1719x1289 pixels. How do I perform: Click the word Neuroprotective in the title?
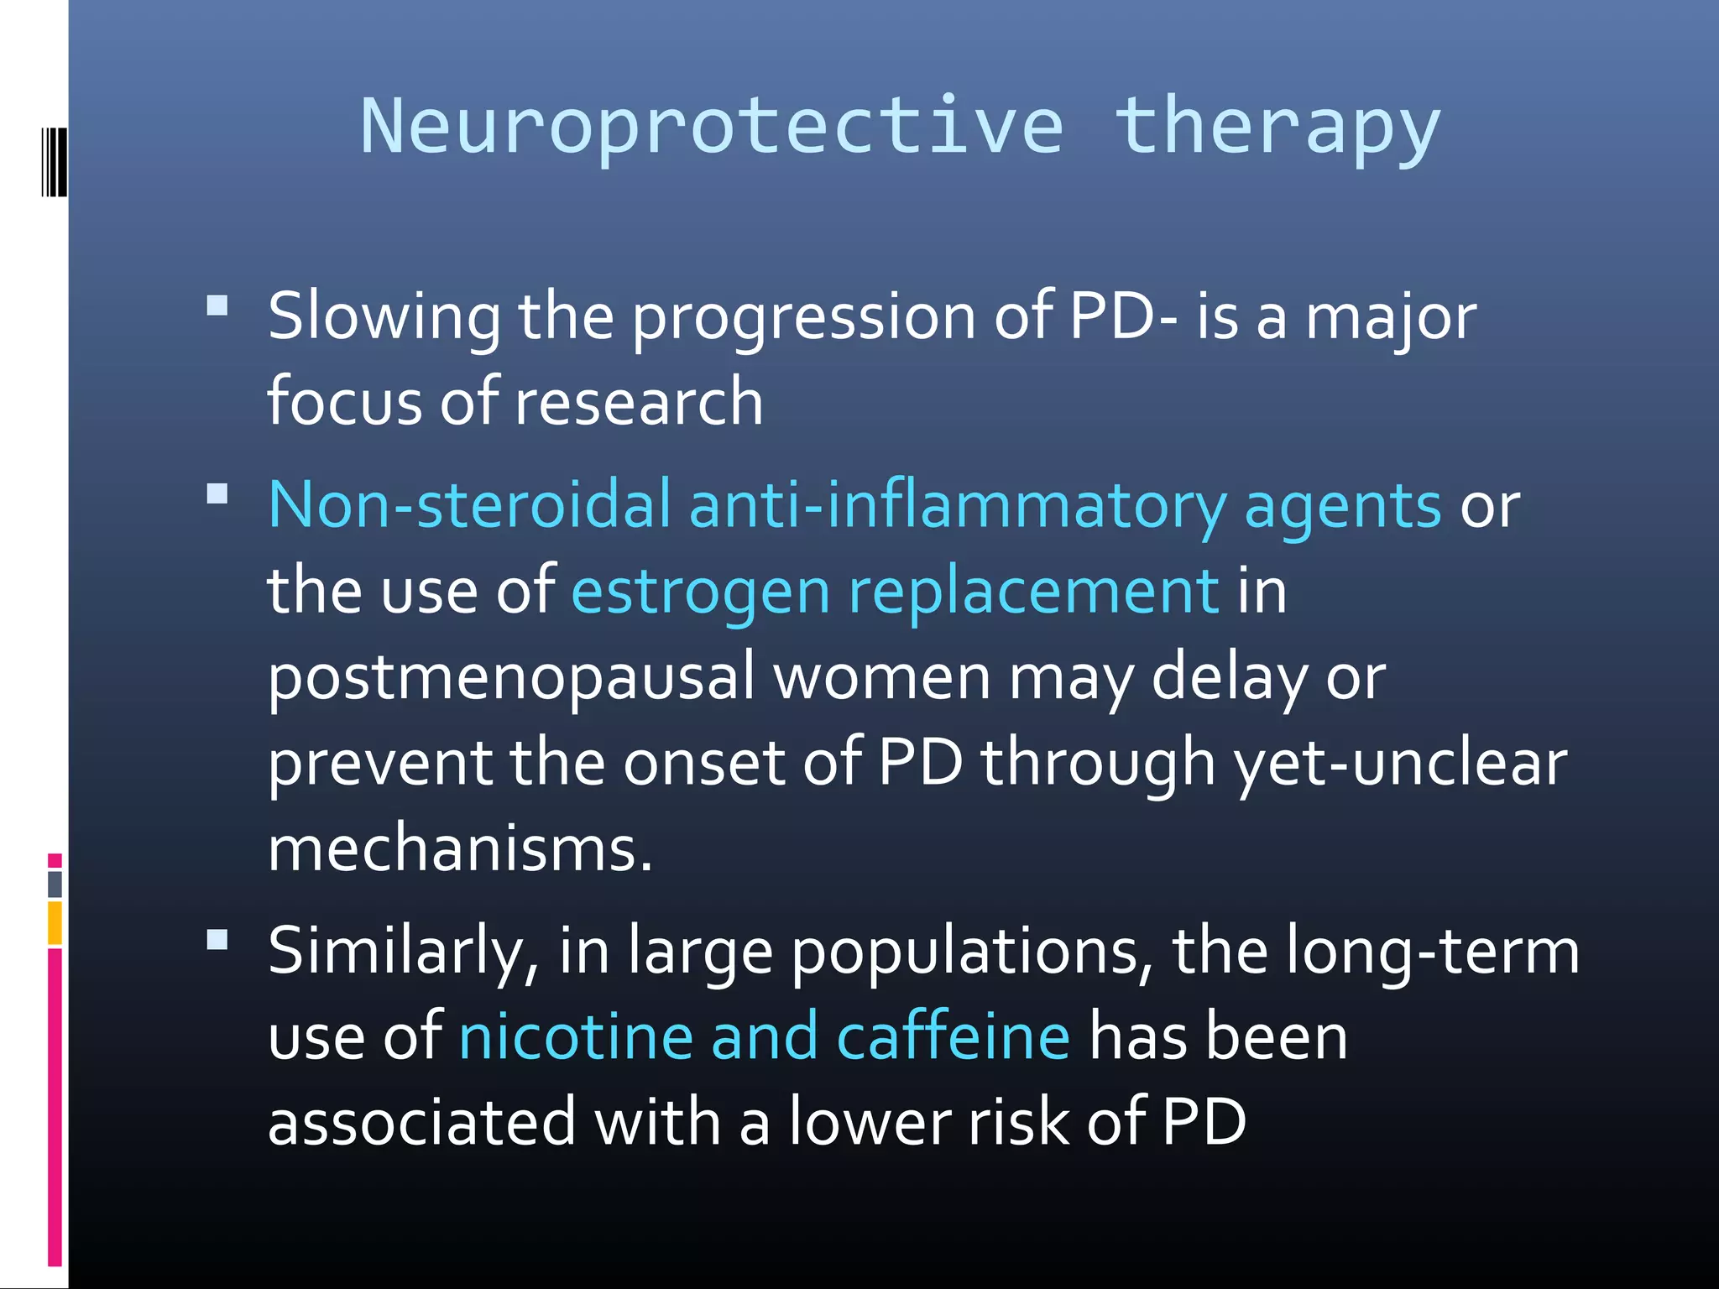[x=712, y=128]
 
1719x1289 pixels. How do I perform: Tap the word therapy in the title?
[x=1277, y=128]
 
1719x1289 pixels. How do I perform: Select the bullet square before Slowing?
[x=217, y=305]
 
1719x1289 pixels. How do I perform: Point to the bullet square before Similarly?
[x=217, y=939]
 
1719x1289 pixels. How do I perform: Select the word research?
[x=639, y=403]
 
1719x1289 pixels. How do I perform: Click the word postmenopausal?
[x=511, y=678]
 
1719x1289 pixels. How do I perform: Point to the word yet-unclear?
[x=1399, y=764]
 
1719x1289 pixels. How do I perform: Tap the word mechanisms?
[x=459, y=849]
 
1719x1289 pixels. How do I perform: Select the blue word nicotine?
[x=576, y=1037]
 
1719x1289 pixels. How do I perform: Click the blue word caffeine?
[x=954, y=1037]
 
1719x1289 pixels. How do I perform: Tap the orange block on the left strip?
[x=55, y=922]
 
